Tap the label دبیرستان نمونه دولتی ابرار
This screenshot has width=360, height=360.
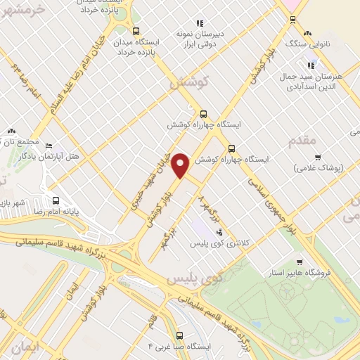click(185, 38)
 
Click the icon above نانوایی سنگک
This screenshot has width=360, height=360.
click(307, 33)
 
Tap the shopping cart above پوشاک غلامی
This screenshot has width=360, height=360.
click(318, 157)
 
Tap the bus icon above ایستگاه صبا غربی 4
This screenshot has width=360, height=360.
click(180, 335)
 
